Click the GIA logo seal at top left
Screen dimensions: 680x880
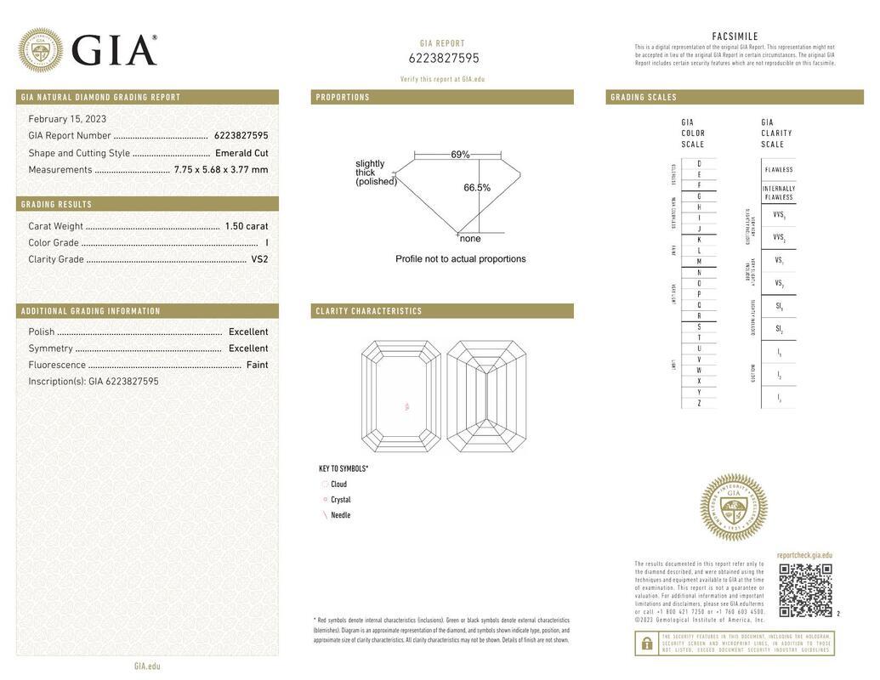pyautogui.click(x=40, y=50)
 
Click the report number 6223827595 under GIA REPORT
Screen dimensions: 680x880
pyautogui.click(x=444, y=59)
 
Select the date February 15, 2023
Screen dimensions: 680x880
pyautogui.click(x=67, y=119)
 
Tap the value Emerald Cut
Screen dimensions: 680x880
pyautogui.click(x=241, y=153)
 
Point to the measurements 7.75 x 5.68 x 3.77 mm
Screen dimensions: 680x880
pyautogui.click(x=221, y=170)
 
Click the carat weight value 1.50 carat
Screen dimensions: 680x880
pyautogui.click(x=247, y=226)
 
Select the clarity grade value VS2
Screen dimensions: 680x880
pyautogui.click(x=259, y=259)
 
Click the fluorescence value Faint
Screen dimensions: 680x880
pyautogui.click(x=257, y=365)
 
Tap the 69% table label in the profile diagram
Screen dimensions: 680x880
pyautogui.click(x=460, y=155)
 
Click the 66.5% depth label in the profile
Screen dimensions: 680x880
pyautogui.click(x=477, y=188)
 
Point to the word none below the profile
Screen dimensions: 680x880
pyautogui.click(x=470, y=239)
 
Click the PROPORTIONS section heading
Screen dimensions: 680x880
pyautogui.click(x=343, y=98)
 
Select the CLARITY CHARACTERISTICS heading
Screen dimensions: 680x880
pyautogui.click(x=369, y=311)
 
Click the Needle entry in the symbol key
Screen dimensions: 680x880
pyautogui.click(x=340, y=515)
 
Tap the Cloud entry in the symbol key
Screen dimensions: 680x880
pyautogui.click(x=338, y=484)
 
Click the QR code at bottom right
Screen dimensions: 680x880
pyautogui.click(x=805, y=590)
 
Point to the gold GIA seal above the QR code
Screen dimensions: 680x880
pyautogui.click(x=733, y=507)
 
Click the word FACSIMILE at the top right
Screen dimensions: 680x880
pyautogui.click(x=735, y=37)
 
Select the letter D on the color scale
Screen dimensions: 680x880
pyautogui.click(x=699, y=163)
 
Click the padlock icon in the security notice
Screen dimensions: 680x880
pyautogui.click(x=647, y=643)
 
